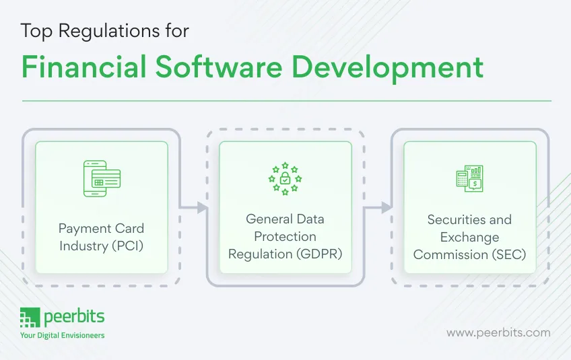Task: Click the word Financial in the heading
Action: pos(83,67)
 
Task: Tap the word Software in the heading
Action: pos(219,67)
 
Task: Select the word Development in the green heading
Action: pos(387,69)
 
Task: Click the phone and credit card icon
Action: pos(102,179)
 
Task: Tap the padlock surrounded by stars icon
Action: pos(285,179)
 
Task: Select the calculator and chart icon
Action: pos(470,179)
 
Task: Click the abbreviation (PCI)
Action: pos(127,246)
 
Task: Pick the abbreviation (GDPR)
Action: pos(319,254)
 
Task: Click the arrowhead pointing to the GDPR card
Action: pos(202,207)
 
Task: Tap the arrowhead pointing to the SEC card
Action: pos(387,207)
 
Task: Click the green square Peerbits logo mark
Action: pos(30,318)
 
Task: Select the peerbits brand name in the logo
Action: pos(74,318)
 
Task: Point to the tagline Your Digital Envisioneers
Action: pos(62,335)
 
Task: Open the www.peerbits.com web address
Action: pos(498,333)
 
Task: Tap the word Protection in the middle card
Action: pos(285,237)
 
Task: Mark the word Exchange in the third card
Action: pos(470,238)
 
